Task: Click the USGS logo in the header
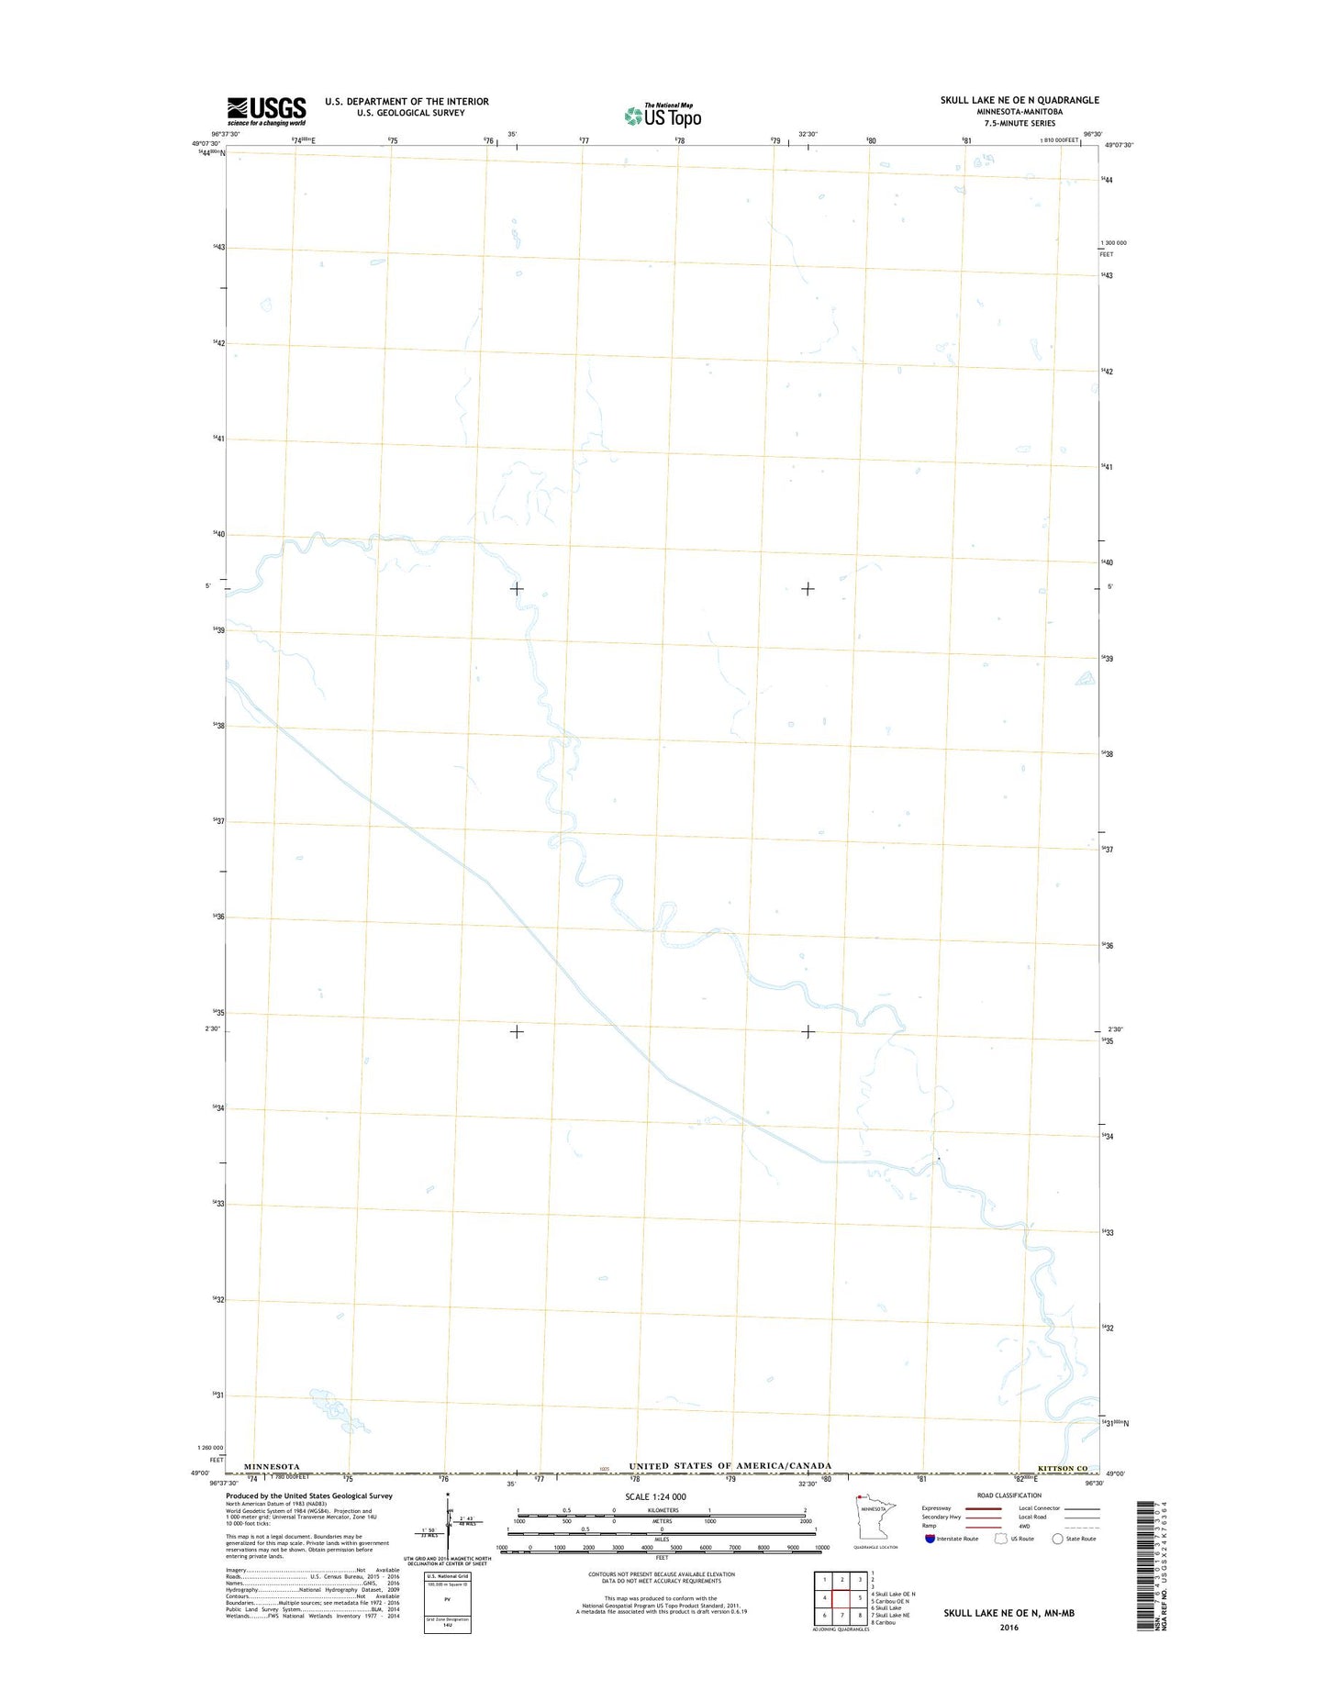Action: coord(266,110)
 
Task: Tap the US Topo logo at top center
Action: coord(663,116)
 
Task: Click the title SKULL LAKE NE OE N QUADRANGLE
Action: coord(1019,100)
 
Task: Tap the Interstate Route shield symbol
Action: coord(930,1539)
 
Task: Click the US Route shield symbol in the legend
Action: coord(1001,1539)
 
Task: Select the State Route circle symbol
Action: coord(1057,1539)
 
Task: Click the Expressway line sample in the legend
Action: coord(983,1508)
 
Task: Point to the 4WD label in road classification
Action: coord(1026,1527)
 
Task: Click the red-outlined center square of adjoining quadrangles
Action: coord(841,1597)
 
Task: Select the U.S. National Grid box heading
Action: coord(447,1576)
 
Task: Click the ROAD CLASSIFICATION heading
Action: coord(1008,1495)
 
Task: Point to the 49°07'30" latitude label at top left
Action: coord(206,144)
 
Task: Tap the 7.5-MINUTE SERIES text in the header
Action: coord(1019,123)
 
